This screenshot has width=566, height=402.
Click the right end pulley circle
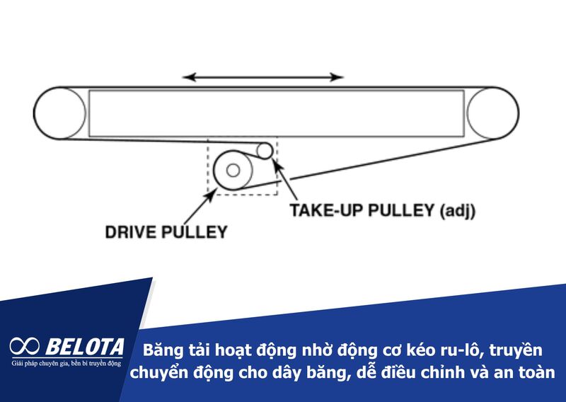[x=493, y=113]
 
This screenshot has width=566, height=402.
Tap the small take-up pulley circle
[x=264, y=150]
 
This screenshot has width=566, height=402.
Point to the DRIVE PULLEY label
[x=166, y=231]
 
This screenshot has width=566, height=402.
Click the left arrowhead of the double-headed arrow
[x=186, y=76]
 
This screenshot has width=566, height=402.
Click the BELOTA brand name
[x=86, y=347]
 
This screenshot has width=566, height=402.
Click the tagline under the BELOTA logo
[x=67, y=363]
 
